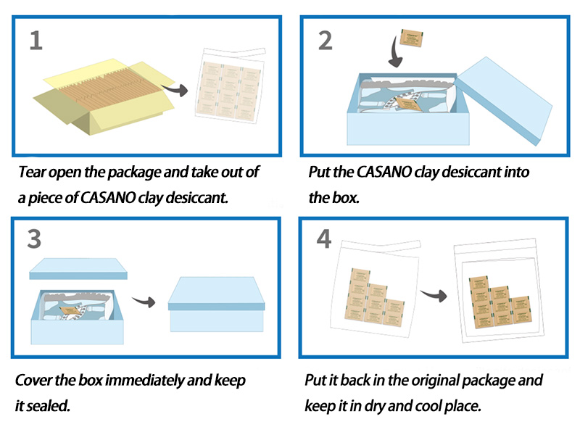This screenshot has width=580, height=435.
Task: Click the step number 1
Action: tap(36, 40)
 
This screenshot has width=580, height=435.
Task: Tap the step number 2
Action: tap(325, 40)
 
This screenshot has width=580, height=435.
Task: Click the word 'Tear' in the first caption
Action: tap(33, 173)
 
